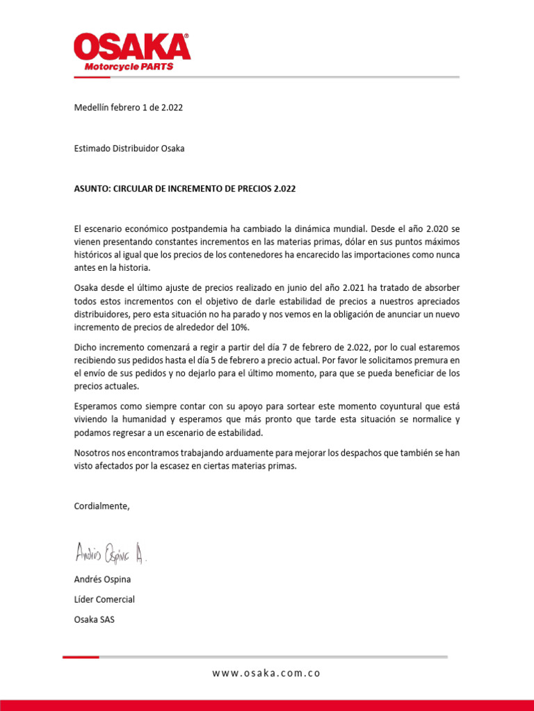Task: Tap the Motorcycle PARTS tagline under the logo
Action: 129,67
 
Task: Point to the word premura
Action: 430,360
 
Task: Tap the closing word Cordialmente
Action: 102,506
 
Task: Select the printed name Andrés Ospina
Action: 102,579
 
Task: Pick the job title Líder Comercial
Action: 104,599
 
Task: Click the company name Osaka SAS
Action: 95,619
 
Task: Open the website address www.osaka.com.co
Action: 266,673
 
